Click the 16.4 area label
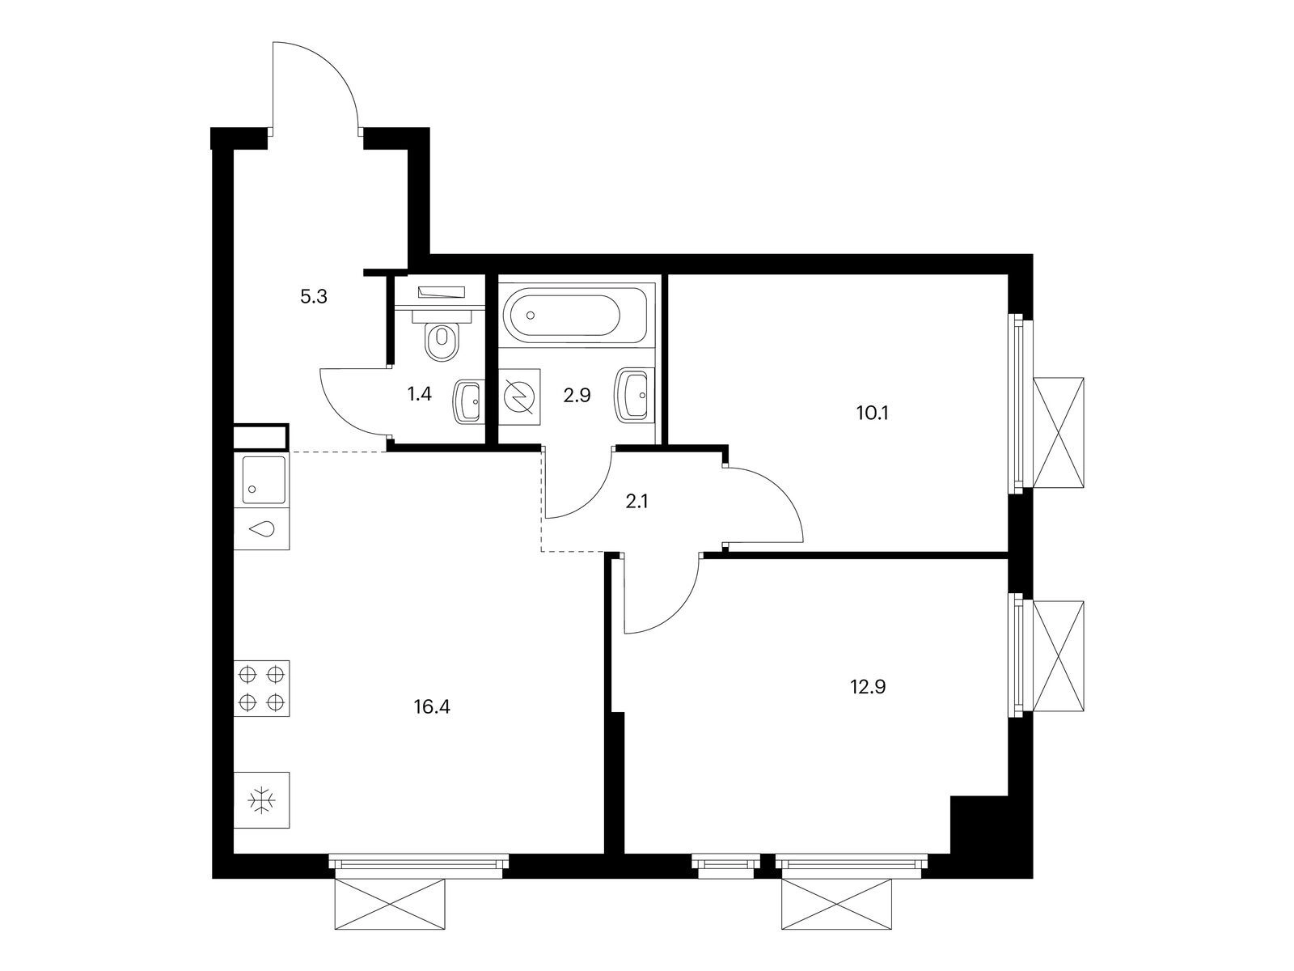coord(432,707)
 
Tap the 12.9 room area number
coord(868,687)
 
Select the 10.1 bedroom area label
coord(873,413)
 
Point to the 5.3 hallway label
coord(314,296)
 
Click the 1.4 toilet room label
coord(420,394)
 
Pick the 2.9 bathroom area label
coord(577,396)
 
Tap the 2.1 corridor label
coord(636,502)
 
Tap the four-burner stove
coord(261,688)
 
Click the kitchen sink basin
coord(262,480)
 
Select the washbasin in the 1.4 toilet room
coord(467,401)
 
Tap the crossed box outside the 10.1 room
coord(1059,433)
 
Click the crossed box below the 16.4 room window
coord(390,904)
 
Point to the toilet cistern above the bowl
coord(442,316)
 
